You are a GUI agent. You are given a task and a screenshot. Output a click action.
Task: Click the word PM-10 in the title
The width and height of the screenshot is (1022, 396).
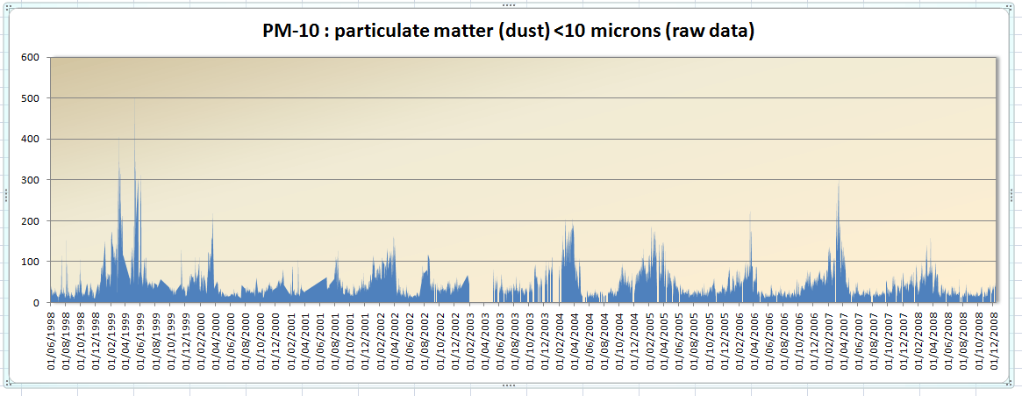click(285, 32)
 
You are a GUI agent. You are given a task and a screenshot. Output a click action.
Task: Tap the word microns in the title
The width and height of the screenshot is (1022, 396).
click(617, 32)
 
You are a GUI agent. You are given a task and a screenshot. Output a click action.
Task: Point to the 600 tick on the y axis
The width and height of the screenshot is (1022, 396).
click(32, 57)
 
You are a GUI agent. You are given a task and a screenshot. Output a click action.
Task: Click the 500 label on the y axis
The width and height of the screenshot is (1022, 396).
click(32, 98)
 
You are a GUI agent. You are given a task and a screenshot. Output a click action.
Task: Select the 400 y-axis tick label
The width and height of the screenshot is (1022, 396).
click(32, 139)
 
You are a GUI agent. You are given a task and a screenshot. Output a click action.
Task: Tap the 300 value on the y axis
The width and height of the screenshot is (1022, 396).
click(32, 180)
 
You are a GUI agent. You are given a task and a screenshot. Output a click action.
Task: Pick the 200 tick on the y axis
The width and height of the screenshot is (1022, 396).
click(32, 220)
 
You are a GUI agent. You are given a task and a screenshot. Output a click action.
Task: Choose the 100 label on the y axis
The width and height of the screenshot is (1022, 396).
click(32, 262)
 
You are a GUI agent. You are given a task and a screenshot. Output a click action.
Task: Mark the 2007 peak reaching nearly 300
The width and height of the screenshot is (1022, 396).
click(839, 183)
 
